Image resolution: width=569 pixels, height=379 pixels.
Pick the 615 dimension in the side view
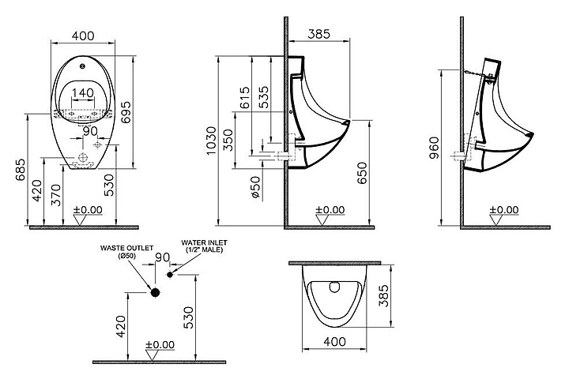(245, 98)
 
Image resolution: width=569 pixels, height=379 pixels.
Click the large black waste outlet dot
(156, 292)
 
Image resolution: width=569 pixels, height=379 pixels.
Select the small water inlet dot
(170, 275)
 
